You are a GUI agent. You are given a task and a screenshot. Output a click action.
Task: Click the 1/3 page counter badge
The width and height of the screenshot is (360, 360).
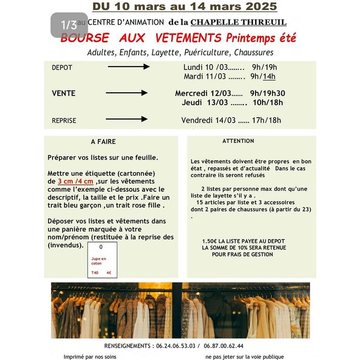click(x=69, y=25)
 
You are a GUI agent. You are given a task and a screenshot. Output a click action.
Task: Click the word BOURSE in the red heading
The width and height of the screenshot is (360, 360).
click(x=85, y=38)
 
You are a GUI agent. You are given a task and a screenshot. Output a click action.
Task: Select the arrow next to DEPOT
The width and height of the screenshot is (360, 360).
click(x=128, y=67)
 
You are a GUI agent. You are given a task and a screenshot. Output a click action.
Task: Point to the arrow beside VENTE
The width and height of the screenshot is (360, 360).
click(x=127, y=93)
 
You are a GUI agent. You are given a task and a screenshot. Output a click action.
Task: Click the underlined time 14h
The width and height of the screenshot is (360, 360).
click(x=269, y=76)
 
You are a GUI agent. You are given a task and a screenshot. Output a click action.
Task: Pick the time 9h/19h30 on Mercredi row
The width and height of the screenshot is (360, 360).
click(x=268, y=93)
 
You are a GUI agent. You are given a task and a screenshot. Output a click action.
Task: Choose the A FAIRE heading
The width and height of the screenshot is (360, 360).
click(x=103, y=142)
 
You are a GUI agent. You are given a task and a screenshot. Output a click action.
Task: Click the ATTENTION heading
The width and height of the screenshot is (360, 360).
click(x=238, y=141)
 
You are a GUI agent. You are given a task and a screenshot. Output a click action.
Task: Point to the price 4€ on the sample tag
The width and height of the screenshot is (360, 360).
click(x=109, y=272)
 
